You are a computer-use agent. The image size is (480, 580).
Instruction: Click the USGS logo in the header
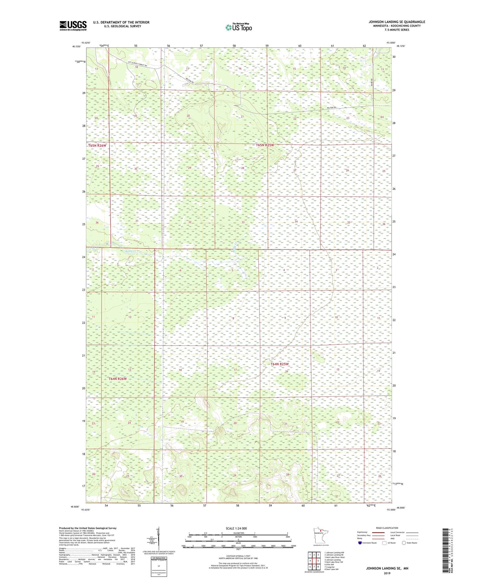pyautogui.click(x=73, y=26)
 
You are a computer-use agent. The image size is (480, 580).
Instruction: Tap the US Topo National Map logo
pyautogui.click(x=238, y=27)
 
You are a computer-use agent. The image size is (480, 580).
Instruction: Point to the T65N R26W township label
pyautogui.click(x=97, y=145)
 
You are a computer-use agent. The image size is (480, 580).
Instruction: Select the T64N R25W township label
pyautogui.click(x=279, y=364)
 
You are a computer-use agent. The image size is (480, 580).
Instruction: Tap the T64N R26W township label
pyautogui.click(x=118, y=379)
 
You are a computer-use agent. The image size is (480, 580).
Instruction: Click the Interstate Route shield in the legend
pyautogui.click(x=360, y=543)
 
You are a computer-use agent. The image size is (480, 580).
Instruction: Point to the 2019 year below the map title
pyautogui.click(x=387, y=573)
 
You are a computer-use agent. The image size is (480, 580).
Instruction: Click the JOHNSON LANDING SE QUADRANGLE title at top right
pyautogui.click(x=397, y=22)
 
